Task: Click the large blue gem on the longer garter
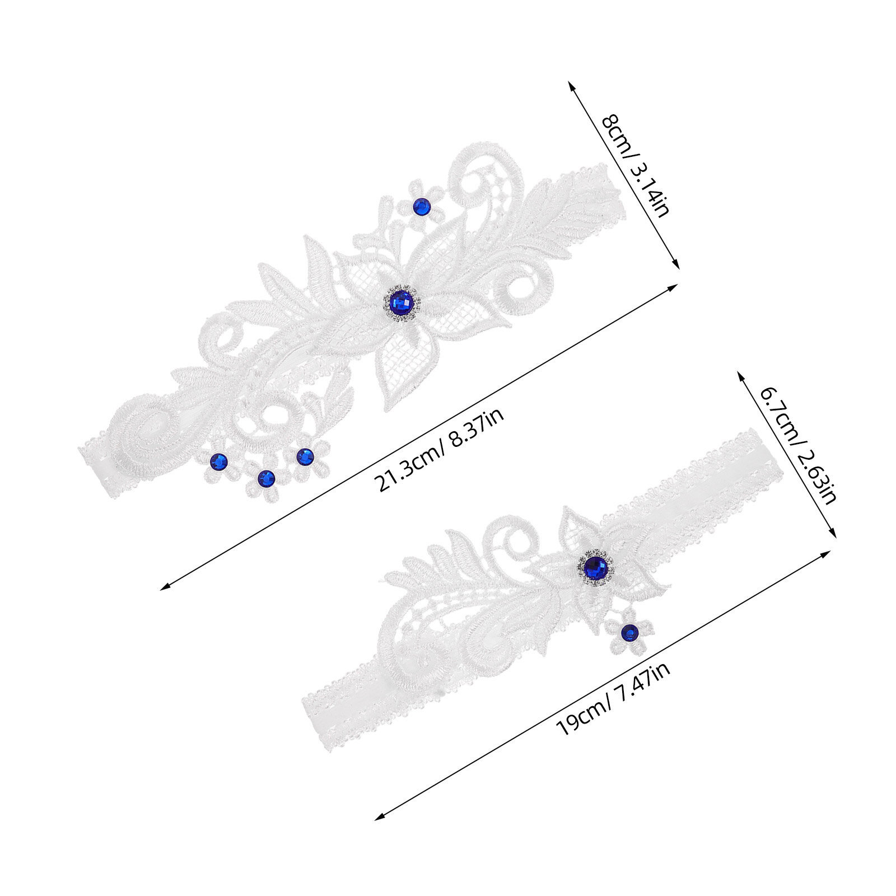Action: click(x=402, y=303)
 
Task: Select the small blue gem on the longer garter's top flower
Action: click(x=421, y=207)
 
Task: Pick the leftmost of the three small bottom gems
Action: click(x=218, y=461)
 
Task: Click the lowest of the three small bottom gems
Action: click(x=267, y=478)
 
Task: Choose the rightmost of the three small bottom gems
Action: click(x=305, y=457)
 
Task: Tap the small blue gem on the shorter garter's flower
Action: click(x=630, y=633)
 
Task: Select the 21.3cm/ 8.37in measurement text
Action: click(x=441, y=450)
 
